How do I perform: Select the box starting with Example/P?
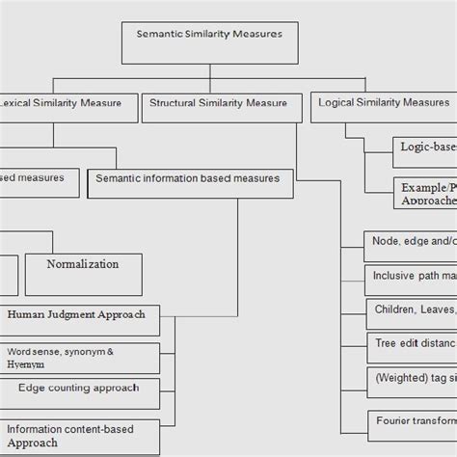pos(424,192)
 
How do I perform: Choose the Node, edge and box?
pos(410,246)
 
